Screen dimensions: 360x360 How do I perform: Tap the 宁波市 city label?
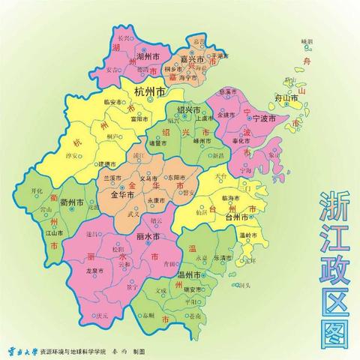click(262, 118)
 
